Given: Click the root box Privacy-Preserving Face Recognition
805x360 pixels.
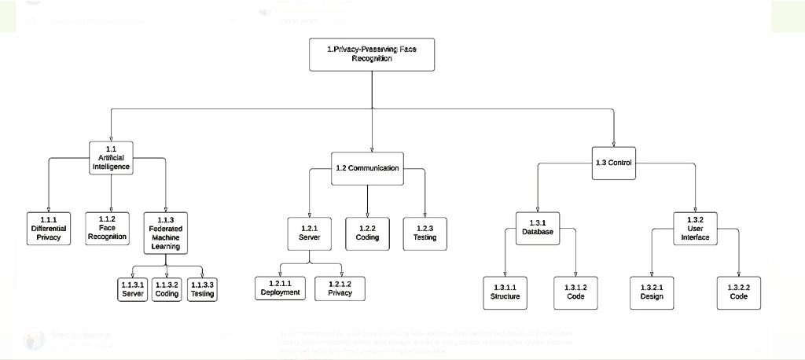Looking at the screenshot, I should tap(372, 53).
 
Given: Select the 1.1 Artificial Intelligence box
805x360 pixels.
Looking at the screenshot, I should tap(111, 157).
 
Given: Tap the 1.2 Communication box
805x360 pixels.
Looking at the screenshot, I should tap(367, 168).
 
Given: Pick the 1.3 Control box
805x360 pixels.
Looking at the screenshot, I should tap(613, 163).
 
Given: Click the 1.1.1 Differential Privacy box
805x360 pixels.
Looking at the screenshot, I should tap(49, 227).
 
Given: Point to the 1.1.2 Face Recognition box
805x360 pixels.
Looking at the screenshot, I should tap(108, 227).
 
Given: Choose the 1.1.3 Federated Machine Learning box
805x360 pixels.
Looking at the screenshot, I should tap(166, 232).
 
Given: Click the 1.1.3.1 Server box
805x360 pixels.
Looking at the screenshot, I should tap(133, 288).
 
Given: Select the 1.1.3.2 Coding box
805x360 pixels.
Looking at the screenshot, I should tap(167, 288).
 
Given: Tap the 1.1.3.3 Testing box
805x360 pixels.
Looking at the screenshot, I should tap(202, 288).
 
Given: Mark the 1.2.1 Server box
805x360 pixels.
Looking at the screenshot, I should tap(309, 232).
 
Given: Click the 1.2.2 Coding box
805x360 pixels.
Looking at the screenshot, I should tap(367, 232).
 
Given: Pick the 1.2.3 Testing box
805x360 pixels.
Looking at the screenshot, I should tap(425, 232).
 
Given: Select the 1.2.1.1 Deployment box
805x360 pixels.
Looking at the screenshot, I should tap(281, 288).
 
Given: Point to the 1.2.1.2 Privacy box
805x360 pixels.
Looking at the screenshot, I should tap(340, 288).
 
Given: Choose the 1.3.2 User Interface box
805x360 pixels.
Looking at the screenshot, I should tap(695, 227).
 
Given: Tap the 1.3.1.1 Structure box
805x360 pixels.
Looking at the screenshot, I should tap(505, 292).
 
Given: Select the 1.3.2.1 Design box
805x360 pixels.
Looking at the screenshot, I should tap(652, 292).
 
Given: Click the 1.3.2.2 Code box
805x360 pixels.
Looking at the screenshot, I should tap(738, 292).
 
